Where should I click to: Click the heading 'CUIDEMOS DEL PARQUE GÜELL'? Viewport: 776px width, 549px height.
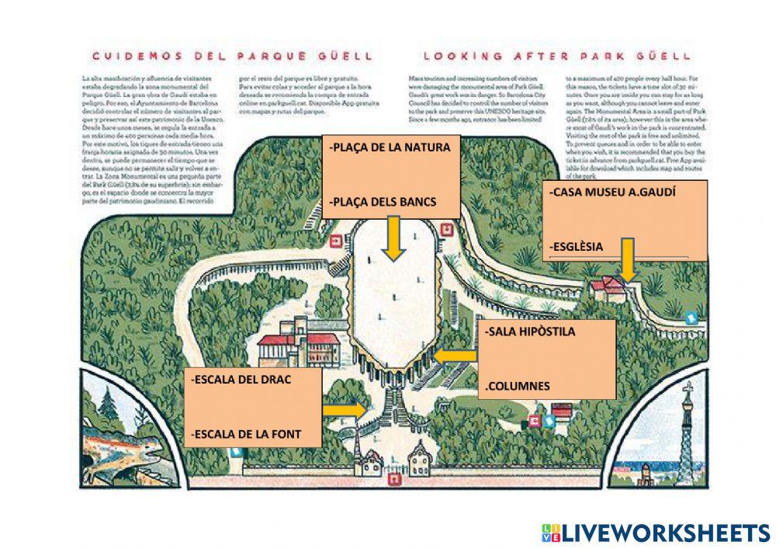click(232, 56)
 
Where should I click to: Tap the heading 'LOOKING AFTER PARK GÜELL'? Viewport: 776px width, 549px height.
click(556, 56)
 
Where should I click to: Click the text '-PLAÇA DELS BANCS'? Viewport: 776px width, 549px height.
click(383, 202)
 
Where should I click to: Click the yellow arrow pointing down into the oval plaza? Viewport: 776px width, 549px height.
click(393, 238)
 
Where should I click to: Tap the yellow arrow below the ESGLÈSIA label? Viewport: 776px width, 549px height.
click(628, 259)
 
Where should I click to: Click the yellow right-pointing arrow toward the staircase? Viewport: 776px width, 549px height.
click(345, 409)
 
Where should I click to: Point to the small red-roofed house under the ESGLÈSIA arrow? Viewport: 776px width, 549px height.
click(609, 287)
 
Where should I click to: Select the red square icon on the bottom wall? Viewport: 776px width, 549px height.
click(395, 479)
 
